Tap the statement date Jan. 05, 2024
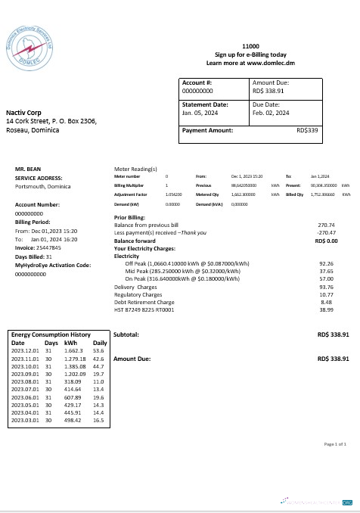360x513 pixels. coord(200,113)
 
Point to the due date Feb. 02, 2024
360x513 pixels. coord(271,113)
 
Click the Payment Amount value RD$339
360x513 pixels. coord(307,130)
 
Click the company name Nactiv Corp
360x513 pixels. coord(23,113)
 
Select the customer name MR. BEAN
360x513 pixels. coord(27,169)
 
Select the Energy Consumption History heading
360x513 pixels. coord(51,334)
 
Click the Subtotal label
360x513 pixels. coord(126,334)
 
